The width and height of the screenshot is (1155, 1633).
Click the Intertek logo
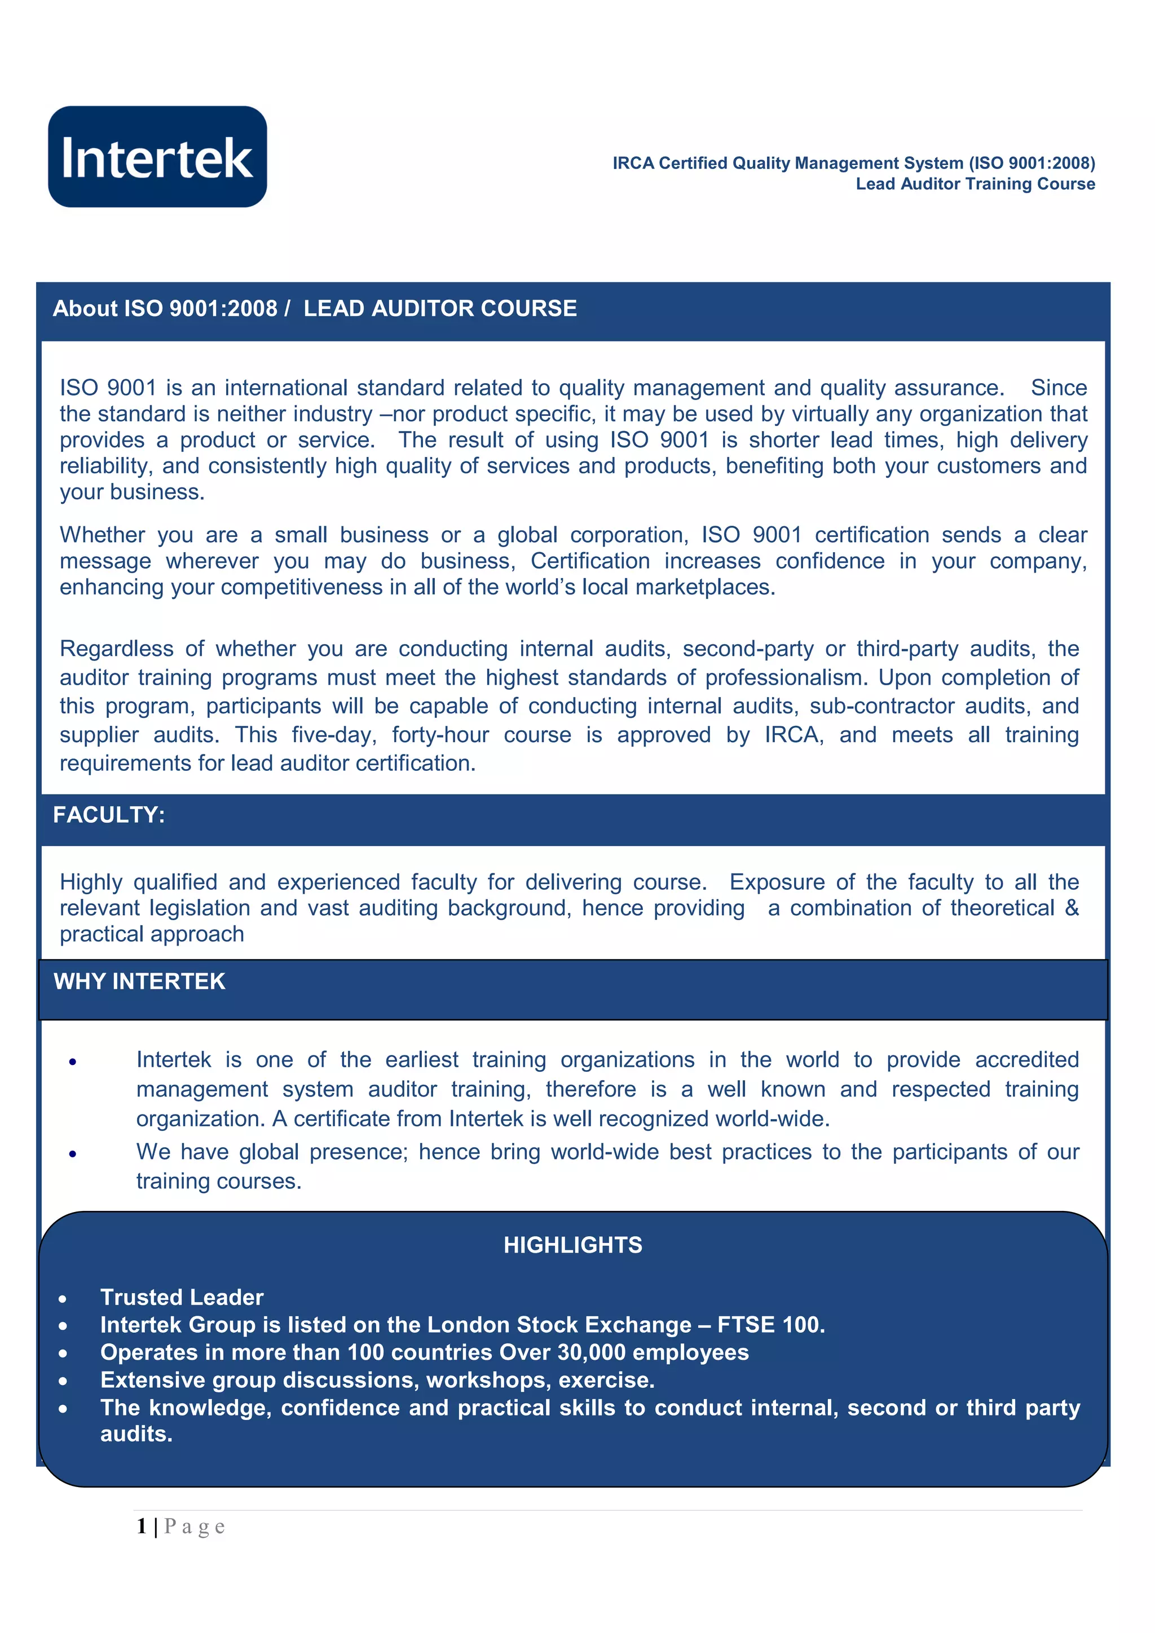[x=157, y=157]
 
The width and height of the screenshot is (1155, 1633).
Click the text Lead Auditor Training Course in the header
[x=975, y=184]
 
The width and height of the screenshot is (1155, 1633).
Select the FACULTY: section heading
[x=109, y=815]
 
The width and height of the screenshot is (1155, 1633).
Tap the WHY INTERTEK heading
[x=139, y=982]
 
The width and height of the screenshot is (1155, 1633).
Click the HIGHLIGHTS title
[x=573, y=1245]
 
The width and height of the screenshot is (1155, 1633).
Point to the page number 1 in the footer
[x=142, y=1526]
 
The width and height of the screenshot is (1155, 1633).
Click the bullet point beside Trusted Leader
[x=63, y=1299]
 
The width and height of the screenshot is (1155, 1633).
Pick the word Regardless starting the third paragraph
[x=117, y=649]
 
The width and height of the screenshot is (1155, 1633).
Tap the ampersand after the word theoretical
[x=1072, y=908]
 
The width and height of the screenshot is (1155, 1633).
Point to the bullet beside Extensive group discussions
[x=63, y=1382]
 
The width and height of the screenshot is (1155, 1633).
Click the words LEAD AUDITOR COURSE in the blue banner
[x=440, y=309]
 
